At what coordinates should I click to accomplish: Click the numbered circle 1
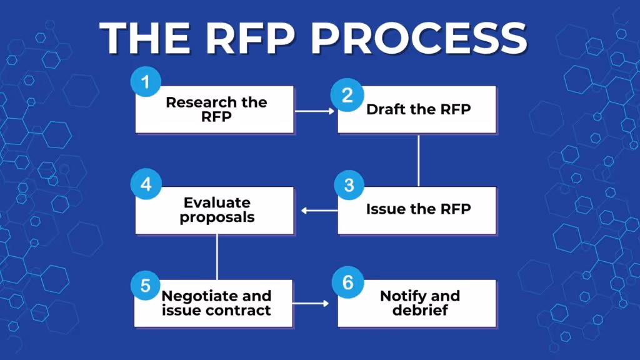[x=146, y=82]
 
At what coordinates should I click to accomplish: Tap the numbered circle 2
[x=347, y=96]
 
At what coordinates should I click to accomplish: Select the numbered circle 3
[x=348, y=186]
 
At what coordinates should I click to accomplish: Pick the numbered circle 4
[x=146, y=186]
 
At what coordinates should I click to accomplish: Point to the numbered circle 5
[x=146, y=286]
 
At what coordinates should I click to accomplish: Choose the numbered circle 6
[x=348, y=283]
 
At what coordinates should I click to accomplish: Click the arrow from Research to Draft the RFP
[x=315, y=111]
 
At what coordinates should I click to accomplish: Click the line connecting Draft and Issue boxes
[x=418, y=160]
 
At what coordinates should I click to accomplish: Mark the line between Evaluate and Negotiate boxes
[x=217, y=257]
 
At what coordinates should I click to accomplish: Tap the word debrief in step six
[x=420, y=310]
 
